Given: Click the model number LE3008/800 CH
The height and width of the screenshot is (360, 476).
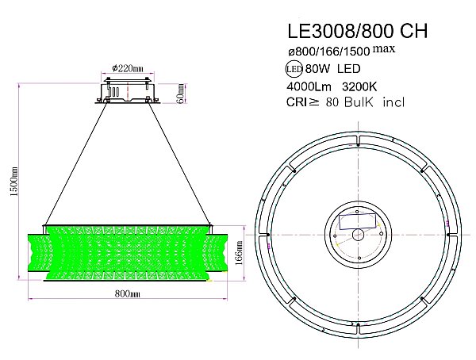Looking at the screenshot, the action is click(357, 31).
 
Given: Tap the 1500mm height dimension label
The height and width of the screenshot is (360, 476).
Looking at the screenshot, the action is click(14, 182).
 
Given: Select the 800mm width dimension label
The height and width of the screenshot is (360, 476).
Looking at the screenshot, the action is click(128, 294).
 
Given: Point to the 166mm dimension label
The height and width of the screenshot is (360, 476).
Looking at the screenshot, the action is click(239, 253).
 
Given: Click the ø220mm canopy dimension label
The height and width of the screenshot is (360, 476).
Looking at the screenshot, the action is click(128, 68).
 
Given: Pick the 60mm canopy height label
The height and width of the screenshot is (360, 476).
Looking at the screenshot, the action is click(180, 94).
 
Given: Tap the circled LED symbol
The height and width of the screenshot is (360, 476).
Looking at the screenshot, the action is click(294, 69).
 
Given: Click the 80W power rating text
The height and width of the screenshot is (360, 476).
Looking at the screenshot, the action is click(317, 69).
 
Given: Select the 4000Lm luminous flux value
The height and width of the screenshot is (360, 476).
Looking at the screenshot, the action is click(309, 87).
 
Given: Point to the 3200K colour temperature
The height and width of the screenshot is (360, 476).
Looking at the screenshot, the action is click(359, 87).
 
